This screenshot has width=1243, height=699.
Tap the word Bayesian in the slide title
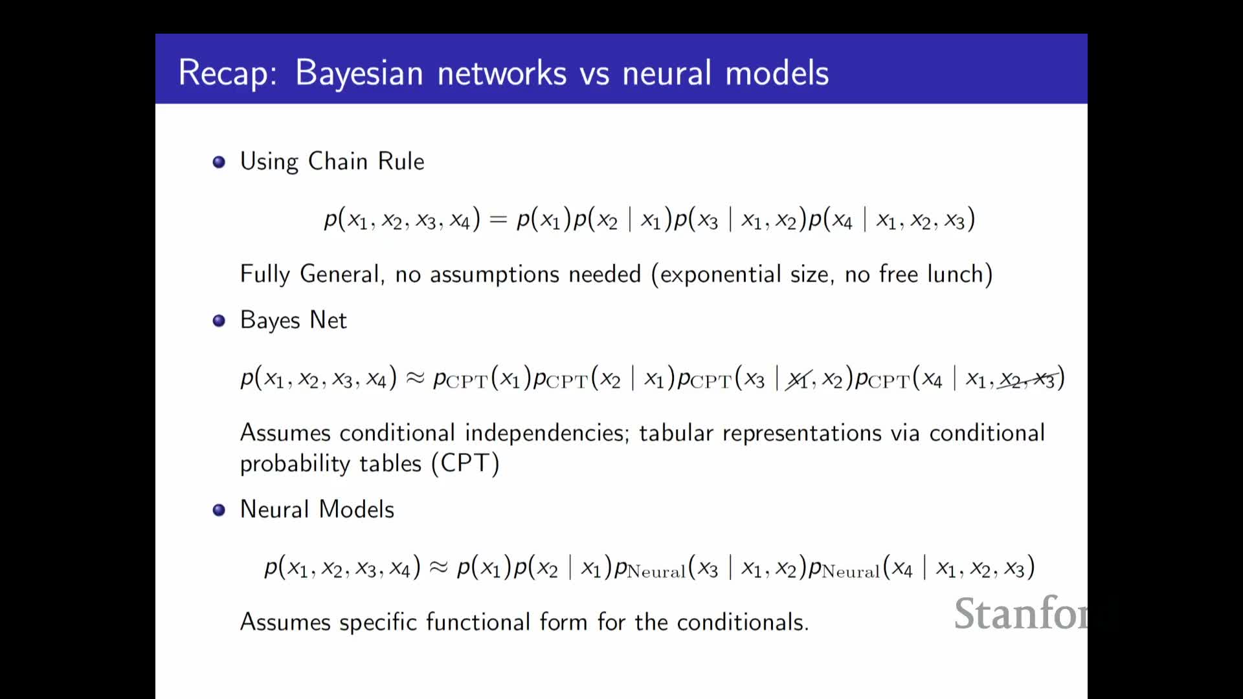[x=359, y=72]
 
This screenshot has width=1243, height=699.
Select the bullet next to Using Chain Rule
[x=219, y=162]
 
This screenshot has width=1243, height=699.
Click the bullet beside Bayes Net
[x=219, y=320]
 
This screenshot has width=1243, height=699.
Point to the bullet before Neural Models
[x=219, y=510]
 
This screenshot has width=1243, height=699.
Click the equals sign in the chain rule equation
[x=498, y=220]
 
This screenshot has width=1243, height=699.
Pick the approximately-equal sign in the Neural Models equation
[x=439, y=568]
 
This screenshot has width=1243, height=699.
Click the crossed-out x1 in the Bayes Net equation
[x=798, y=379]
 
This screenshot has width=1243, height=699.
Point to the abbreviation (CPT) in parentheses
[x=465, y=463]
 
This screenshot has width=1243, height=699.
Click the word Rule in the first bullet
[x=401, y=161]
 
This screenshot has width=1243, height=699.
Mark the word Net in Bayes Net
[x=328, y=320]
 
